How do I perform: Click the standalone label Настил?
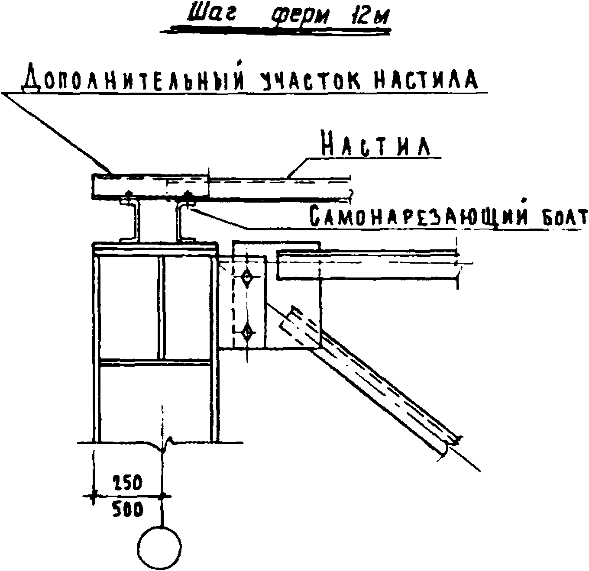point(375,146)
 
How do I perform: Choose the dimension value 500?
point(128,510)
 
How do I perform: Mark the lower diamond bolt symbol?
point(247,333)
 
